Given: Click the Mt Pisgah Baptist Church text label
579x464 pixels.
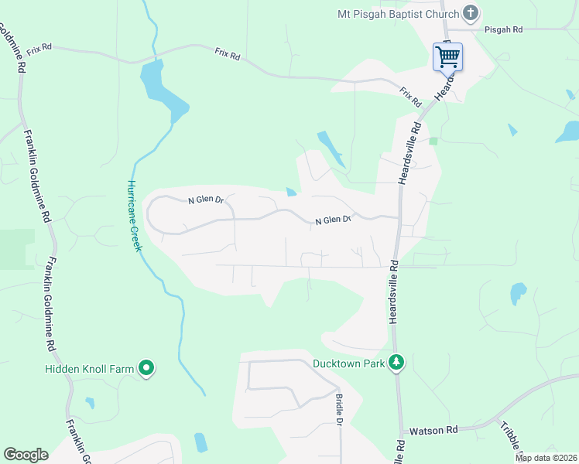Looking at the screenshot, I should click(398, 14).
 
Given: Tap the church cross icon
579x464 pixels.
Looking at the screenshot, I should click(470, 13).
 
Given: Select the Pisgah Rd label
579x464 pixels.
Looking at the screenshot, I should click(504, 29).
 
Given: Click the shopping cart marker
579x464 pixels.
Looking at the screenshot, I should click(448, 56).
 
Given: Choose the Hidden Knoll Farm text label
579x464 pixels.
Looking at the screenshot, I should click(90, 369).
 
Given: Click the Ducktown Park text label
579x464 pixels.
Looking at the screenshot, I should click(348, 363).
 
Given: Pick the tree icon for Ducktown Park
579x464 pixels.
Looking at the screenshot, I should click(396, 362).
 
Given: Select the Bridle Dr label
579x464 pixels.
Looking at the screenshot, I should click(339, 409).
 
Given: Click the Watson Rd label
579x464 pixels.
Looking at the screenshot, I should click(433, 429).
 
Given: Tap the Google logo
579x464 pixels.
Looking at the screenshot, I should click(26, 455).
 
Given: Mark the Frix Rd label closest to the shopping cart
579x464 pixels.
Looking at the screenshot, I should click(410, 97).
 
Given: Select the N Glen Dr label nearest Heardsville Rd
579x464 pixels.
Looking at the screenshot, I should click(334, 221).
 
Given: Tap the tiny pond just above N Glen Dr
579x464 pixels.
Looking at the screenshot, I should click(291, 192).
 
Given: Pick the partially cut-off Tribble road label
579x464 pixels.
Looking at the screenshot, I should click(511, 438).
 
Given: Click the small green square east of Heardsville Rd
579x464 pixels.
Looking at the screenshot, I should click(433, 141).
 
